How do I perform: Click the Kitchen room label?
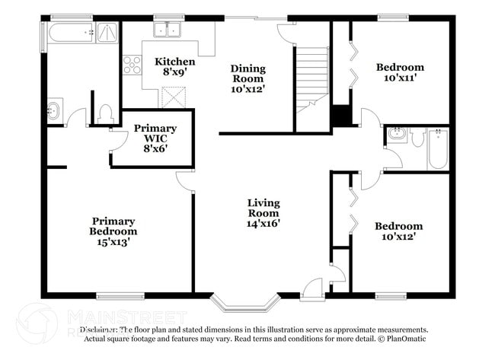tap(174, 67)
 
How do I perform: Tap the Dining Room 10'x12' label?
tap(247, 78)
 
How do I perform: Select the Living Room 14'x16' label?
tap(263, 214)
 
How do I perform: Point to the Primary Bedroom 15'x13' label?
tap(113, 231)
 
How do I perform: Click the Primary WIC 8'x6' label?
tap(155, 139)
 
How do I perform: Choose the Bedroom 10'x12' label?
tap(398, 231)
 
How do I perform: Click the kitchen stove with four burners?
tap(132, 64)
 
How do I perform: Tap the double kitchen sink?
tap(167, 30)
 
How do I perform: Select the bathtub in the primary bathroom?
tap(71, 32)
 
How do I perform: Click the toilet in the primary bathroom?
tap(105, 113)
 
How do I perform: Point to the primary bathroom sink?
tap(54, 111)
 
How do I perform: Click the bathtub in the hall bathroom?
tap(438, 149)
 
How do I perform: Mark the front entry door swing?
tap(312, 288)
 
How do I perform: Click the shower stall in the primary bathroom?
tap(107, 32)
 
